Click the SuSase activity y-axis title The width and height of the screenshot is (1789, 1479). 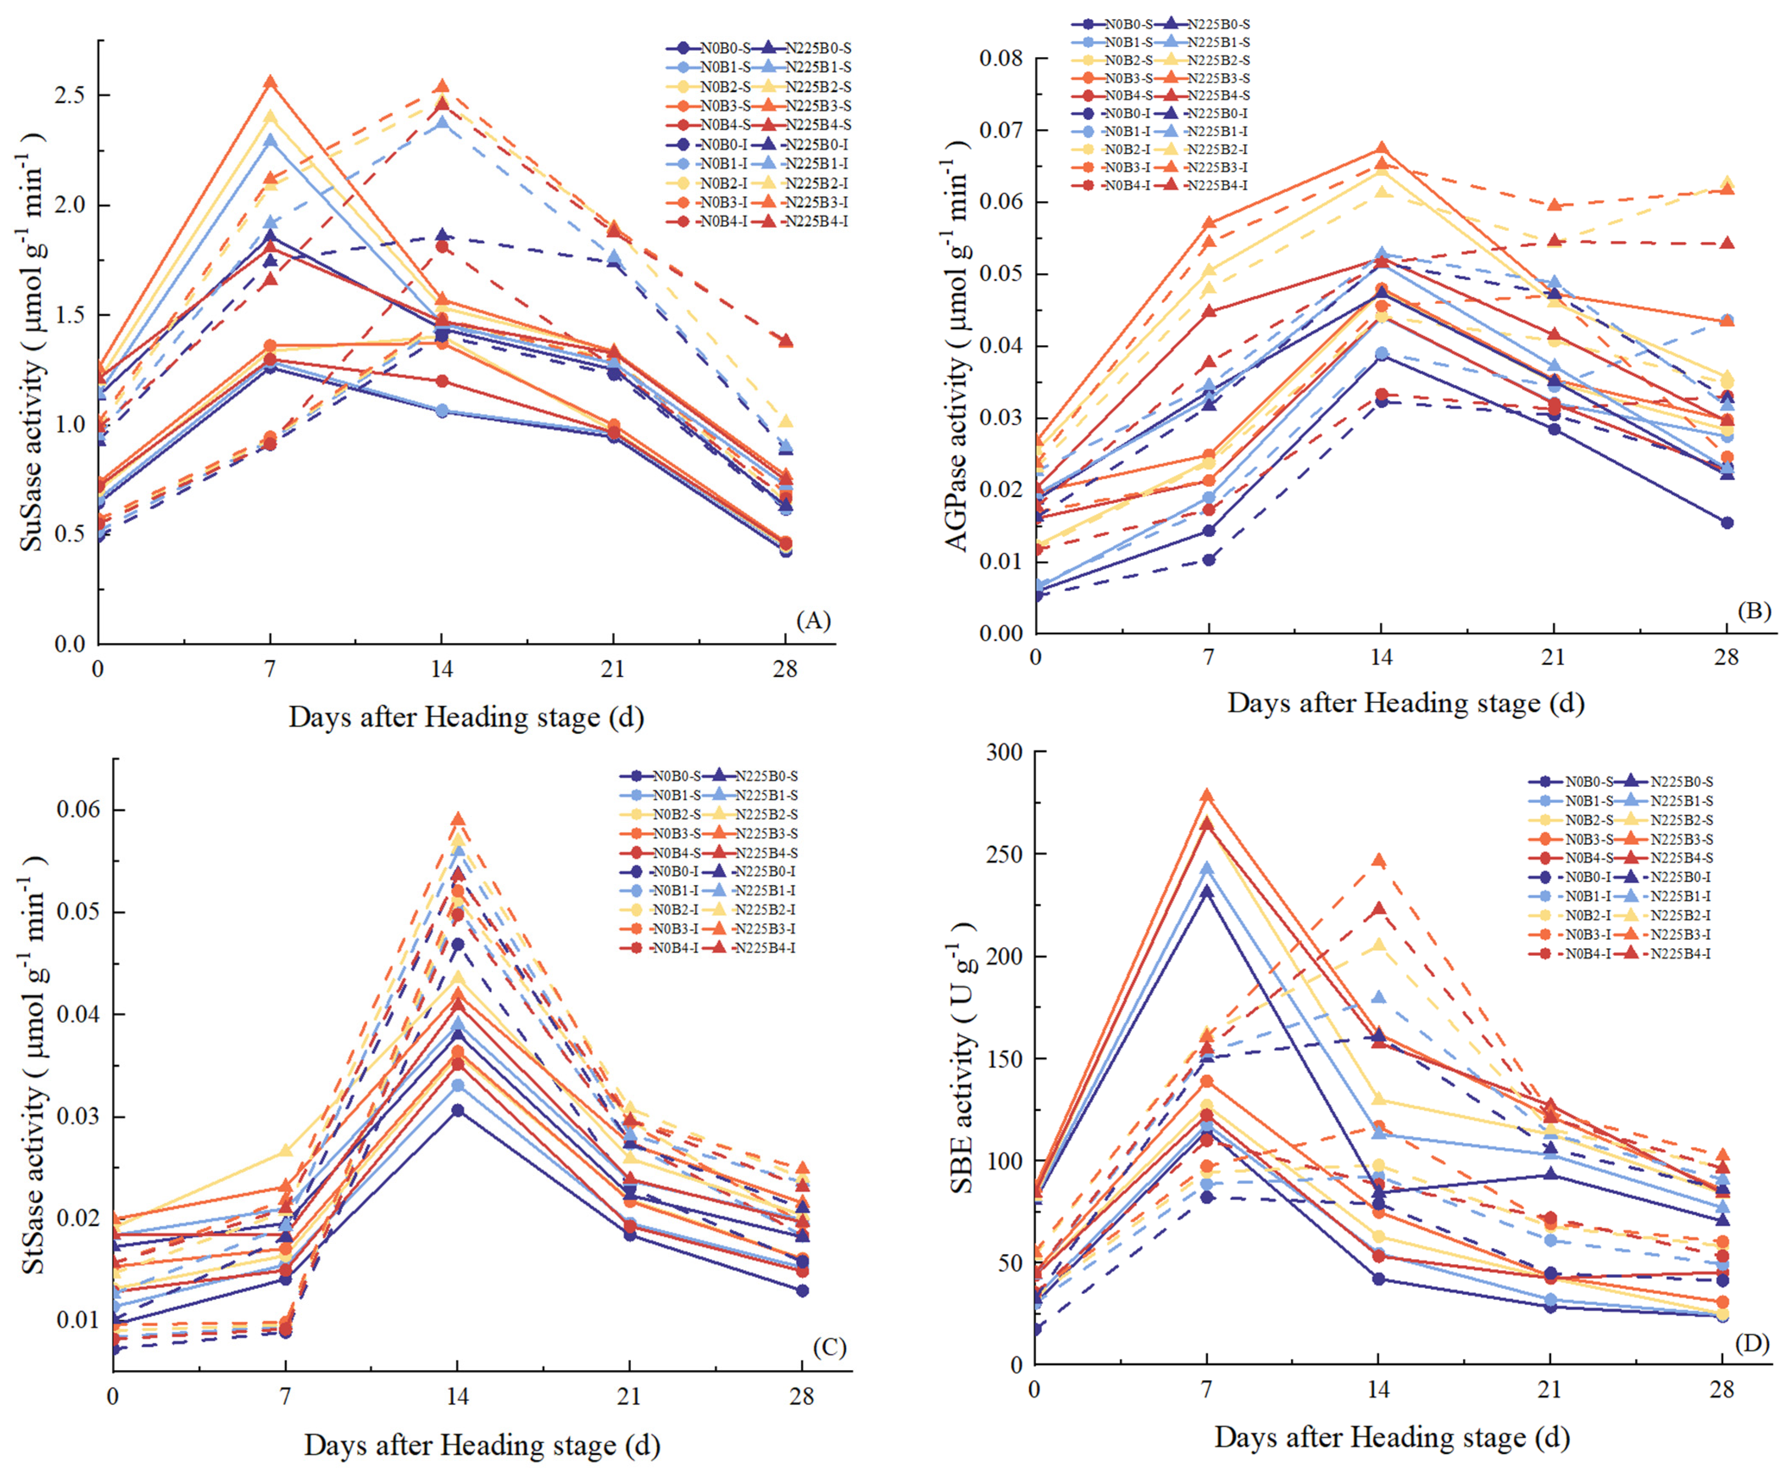point(32,341)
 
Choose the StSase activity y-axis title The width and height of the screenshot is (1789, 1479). point(34,1065)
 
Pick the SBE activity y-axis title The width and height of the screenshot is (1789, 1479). point(963,1057)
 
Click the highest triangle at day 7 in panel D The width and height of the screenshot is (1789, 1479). point(1206,796)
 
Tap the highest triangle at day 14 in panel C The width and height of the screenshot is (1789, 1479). point(458,820)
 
